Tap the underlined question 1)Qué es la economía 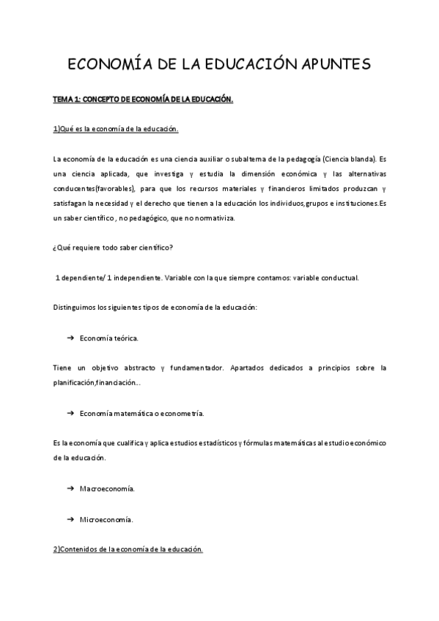coord(116,130)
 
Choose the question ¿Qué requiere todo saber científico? coord(113,248)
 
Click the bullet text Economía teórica coord(109,338)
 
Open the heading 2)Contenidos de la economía coord(128,549)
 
